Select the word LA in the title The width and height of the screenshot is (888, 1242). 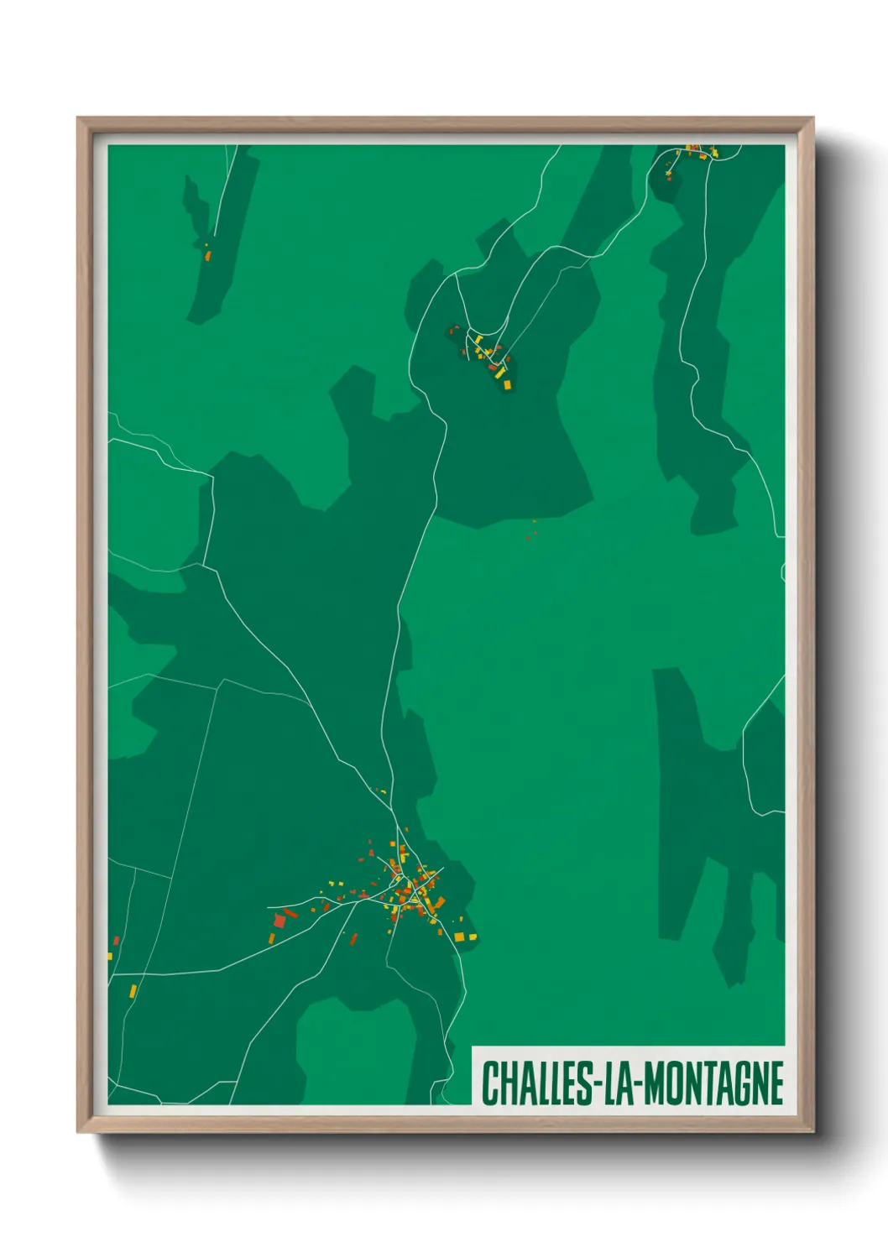617,1083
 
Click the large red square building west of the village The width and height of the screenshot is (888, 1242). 279,921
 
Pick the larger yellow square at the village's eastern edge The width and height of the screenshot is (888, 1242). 459,937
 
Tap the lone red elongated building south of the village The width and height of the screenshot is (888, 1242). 353,938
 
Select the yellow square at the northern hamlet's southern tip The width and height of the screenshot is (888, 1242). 507,384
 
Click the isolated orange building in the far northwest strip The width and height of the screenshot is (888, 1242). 207,254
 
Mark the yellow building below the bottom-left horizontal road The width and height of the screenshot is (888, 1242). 133,991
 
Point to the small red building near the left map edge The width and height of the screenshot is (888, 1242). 116,942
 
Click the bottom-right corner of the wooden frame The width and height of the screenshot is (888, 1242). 812,1131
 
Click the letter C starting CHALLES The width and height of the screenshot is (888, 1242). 489,1083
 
